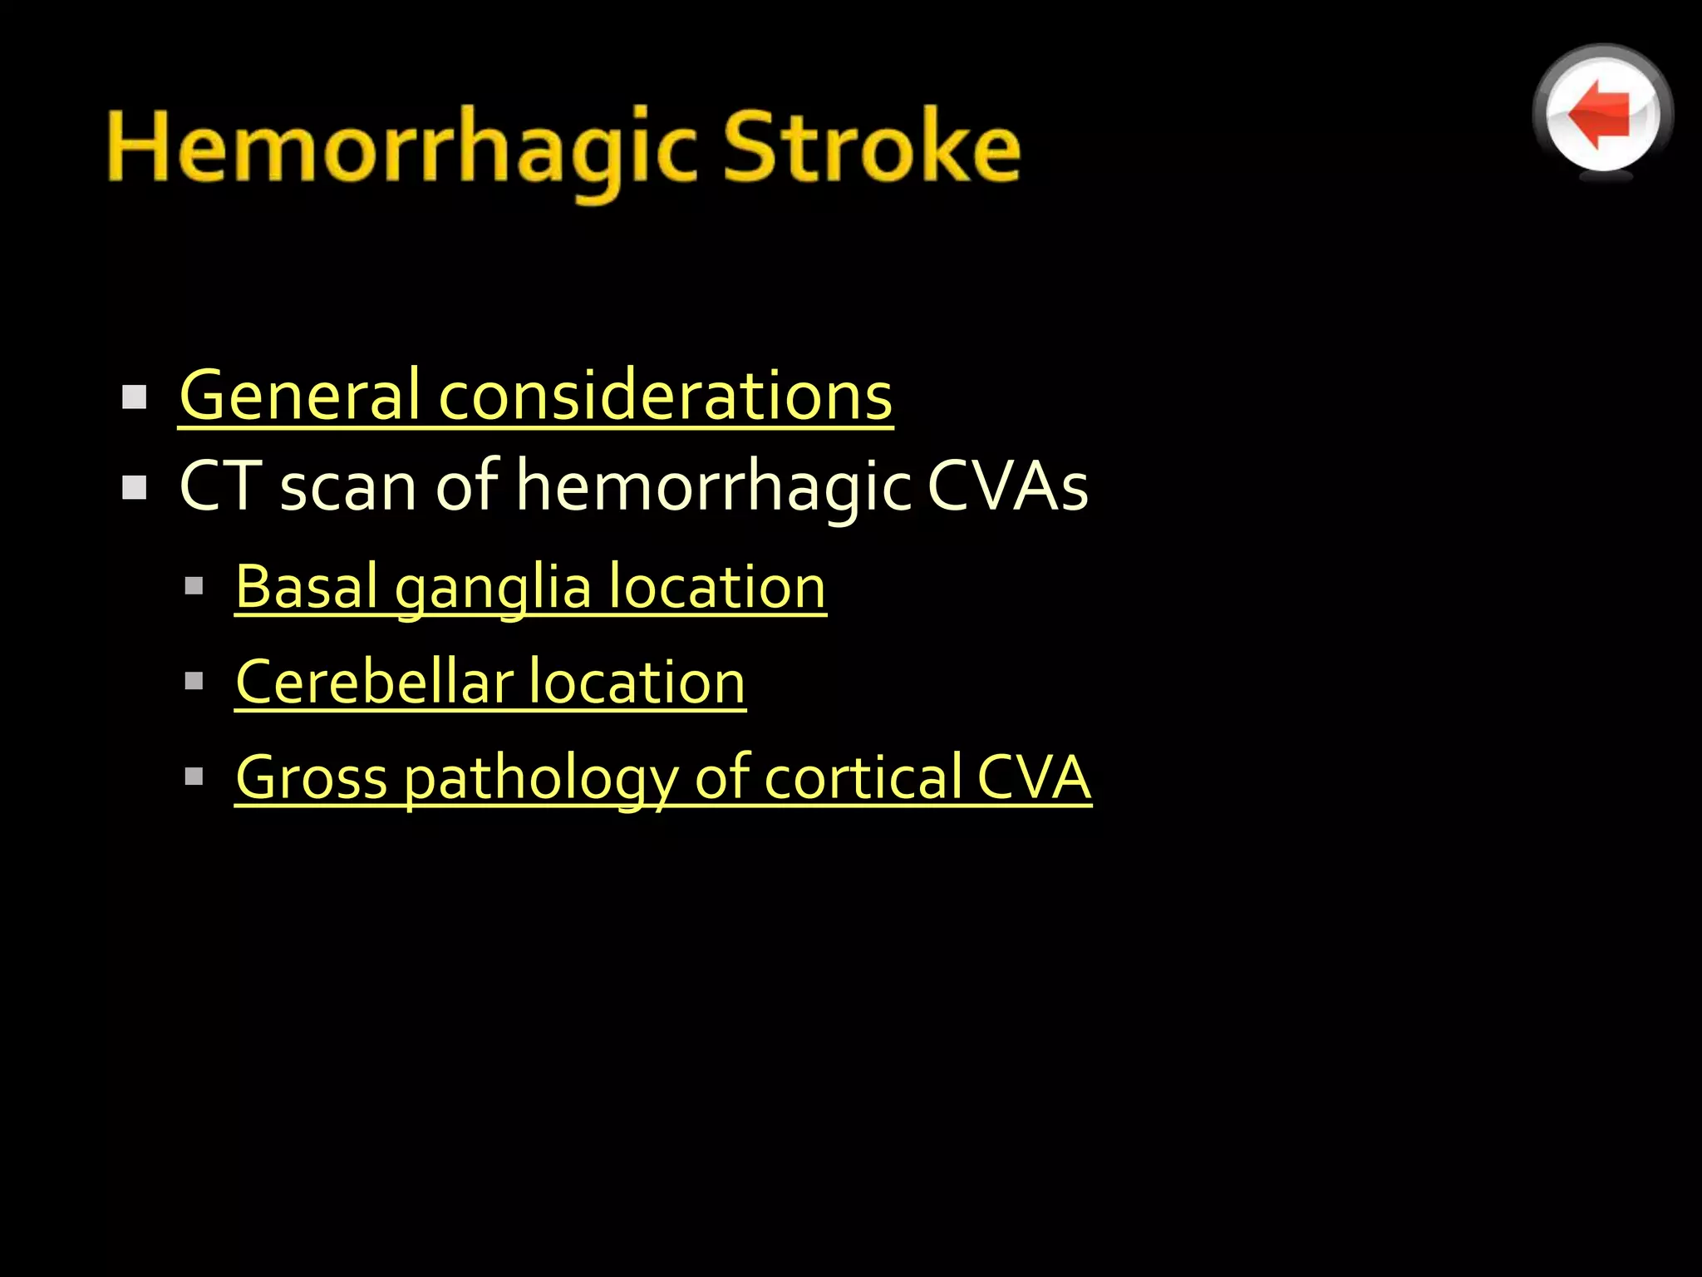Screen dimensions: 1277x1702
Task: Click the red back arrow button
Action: click(1601, 113)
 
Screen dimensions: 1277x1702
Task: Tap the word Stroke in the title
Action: click(871, 147)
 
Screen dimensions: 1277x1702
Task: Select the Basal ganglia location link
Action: click(530, 587)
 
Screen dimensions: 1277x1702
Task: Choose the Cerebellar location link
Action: click(490, 683)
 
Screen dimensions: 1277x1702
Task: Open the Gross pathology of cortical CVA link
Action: click(662, 777)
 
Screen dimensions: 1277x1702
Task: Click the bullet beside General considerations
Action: click(134, 397)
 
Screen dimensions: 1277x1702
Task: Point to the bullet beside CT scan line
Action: click(134, 487)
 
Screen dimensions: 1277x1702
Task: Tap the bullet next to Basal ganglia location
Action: click(194, 587)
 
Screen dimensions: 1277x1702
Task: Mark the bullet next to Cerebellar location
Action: click(194, 683)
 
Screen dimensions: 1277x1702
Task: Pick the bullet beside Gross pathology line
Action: click(194, 777)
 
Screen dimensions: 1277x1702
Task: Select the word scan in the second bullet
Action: click(348, 488)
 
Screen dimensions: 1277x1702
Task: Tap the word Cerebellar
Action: click(374, 683)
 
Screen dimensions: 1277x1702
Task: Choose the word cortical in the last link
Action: click(862, 777)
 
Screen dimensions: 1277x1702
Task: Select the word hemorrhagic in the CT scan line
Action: click(713, 488)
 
